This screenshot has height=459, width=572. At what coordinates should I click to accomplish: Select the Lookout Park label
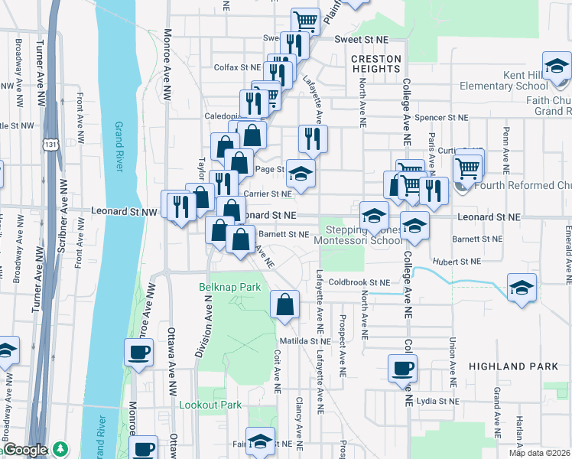[210, 405]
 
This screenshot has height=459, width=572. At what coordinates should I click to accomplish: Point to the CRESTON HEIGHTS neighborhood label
[375, 63]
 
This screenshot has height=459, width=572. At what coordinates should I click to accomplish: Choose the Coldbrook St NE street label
[361, 282]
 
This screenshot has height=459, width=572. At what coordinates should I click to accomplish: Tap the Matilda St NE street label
[304, 340]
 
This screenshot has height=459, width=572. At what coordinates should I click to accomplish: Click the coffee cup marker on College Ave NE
[402, 369]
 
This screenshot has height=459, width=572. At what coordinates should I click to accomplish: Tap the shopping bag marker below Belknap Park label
[284, 305]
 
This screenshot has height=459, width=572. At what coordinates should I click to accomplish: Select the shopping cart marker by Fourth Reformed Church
[467, 168]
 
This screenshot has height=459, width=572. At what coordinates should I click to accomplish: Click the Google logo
[26, 451]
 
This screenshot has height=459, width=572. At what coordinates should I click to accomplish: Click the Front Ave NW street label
[79, 115]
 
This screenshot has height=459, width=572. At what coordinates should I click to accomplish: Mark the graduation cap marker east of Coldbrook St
[522, 288]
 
